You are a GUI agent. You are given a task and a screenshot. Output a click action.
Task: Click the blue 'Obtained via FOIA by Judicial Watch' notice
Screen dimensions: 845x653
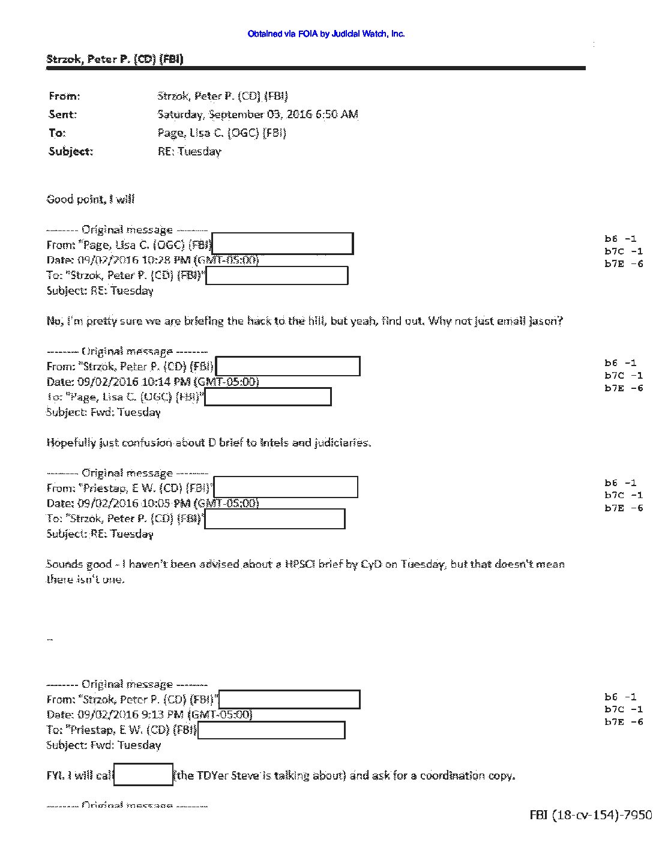pyautogui.click(x=326, y=34)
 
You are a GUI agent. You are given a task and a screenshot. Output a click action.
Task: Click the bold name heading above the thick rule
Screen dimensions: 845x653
pyautogui.click(x=115, y=59)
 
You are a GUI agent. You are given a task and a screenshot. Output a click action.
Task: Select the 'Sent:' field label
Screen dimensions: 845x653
pyautogui.click(x=62, y=114)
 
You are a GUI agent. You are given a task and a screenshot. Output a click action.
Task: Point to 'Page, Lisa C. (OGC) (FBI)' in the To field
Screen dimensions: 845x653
pyautogui.click(x=221, y=133)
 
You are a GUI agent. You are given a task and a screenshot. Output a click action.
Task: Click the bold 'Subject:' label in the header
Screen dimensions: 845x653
pyautogui.click(x=71, y=151)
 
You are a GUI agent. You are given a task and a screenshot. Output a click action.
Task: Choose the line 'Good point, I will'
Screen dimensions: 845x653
pyautogui.click(x=91, y=199)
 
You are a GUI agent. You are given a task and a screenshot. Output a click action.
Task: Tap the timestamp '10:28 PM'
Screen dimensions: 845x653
pyautogui.click(x=170, y=260)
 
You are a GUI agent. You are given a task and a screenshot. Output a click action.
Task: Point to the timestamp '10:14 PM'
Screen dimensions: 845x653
pyautogui.click(x=170, y=382)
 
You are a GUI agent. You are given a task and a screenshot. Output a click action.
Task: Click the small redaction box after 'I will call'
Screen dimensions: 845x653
pyautogui.click(x=143, y=775)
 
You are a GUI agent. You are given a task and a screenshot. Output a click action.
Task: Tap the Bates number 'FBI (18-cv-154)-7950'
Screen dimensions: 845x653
pyautogui.click(x=590, y=814)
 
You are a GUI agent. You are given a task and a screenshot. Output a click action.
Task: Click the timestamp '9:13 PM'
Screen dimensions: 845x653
pyautogui.click(x=167, y=715)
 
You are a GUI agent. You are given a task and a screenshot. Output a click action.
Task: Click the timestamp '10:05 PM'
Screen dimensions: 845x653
pyautogui.click(x=170, y=503)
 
